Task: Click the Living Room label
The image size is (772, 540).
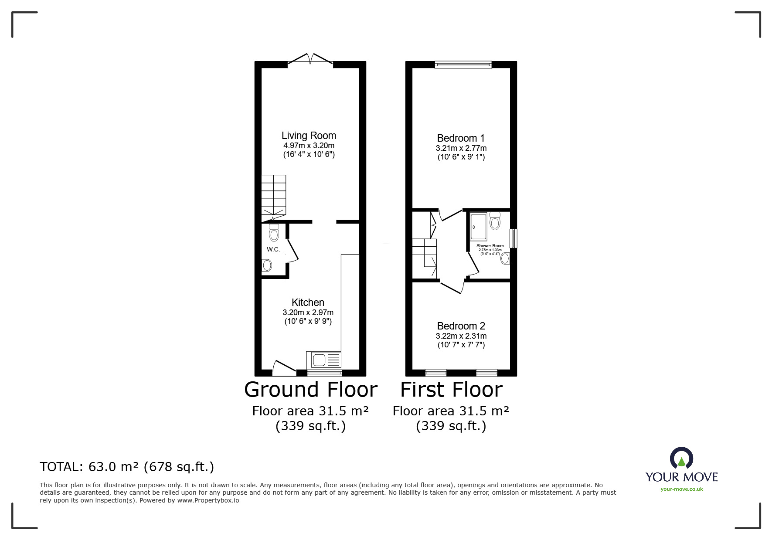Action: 309,136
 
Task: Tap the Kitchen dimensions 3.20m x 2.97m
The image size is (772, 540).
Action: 308,312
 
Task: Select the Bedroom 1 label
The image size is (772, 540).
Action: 461,138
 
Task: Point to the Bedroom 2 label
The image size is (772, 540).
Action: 461,326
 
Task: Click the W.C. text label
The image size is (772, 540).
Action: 273,249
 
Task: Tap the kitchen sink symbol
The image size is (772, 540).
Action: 324,360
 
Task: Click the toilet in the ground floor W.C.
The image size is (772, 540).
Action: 274,233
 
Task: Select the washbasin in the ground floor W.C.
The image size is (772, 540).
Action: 267,265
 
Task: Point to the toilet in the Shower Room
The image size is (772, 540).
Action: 494,221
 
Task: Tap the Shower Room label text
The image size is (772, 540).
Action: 490,246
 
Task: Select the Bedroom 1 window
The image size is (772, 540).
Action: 463,65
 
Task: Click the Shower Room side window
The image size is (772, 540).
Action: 514,238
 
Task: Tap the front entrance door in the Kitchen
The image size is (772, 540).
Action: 283,368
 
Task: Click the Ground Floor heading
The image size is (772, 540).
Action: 310,390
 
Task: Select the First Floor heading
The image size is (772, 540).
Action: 451,390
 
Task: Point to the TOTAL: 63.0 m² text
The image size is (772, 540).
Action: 127,467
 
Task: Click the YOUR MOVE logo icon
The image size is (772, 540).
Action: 681,458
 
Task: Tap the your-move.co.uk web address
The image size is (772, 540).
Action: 681,489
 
